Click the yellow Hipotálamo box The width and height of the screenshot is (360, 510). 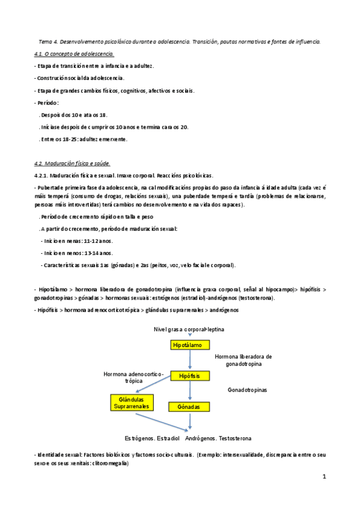(x=190, y=345)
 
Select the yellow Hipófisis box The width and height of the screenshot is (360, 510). (x=190, y=376)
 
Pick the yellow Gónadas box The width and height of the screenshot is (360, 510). (x=190, y=407)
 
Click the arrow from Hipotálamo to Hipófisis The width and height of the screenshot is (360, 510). (x=190, y=360)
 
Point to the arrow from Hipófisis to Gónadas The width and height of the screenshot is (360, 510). (x=190, y=391)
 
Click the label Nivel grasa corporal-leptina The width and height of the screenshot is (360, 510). (x=189, y=330)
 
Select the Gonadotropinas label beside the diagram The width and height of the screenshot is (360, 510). (x=247, y=390)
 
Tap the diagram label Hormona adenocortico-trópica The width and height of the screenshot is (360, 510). (x=133, y=378)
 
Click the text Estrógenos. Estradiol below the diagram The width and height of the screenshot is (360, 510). (x=150, y=438)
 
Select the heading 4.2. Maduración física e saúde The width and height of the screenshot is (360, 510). (x=73, y=164)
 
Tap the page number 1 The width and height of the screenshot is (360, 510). (x=324, y=478)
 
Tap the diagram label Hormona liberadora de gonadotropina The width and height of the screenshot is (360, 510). (x=243, y=360)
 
